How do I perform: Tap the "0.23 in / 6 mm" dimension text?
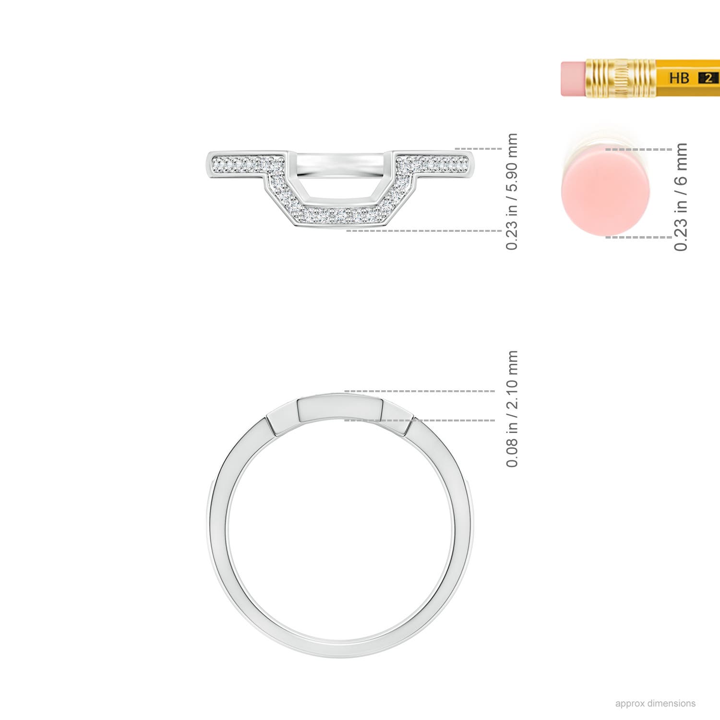(x=681, y=197)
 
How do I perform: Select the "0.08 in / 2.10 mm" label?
(x=512, y=409)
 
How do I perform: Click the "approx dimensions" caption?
(x=655, y=704)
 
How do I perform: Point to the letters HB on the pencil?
(x=679, y=78)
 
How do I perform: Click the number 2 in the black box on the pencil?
(x=708, y=78)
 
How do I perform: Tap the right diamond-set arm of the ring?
(x=432, y=165)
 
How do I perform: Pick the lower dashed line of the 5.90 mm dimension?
(x=422, y=231)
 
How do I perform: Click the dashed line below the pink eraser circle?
(x=638, y=237)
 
